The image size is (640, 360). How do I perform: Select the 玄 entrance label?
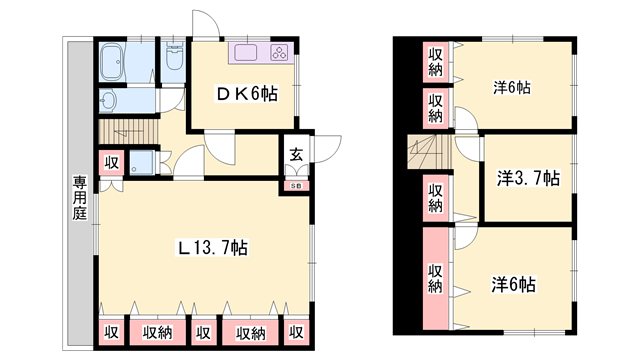coord(297,154)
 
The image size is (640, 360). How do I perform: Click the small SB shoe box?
coord(297,185)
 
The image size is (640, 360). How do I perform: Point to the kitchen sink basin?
coord(247,54)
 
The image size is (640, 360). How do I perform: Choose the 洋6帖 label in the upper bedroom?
coord(510,87)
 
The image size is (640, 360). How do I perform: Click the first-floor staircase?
coord(130,131)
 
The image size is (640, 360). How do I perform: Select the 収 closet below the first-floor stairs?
coord(112,164)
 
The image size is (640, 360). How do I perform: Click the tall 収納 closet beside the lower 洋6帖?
coord(436,277)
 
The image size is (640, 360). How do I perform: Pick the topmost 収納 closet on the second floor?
coord(436,62)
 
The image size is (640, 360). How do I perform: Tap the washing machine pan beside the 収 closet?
coord(144,164)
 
